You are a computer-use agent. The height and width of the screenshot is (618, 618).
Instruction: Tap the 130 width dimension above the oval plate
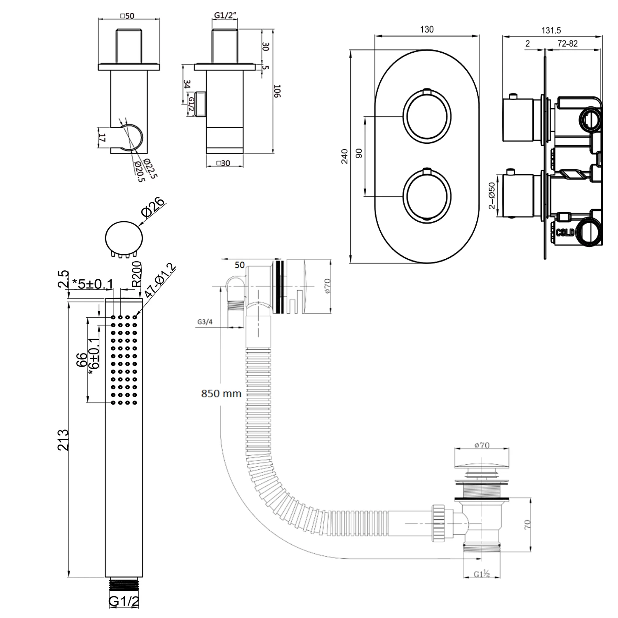point(427,30)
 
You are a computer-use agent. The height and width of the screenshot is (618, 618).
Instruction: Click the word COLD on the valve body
point(565,232)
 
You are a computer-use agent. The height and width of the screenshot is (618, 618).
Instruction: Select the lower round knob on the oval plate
point(427,194)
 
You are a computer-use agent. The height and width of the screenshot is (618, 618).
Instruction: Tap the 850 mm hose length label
point(221,393)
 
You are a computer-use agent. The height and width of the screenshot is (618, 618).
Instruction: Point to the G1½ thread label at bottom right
point(481,574)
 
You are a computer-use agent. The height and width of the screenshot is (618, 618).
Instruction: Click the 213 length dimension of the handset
point(63,440)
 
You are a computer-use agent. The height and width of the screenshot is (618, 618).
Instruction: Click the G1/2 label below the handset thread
point(124,602)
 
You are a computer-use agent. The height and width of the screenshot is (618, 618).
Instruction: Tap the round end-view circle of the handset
point(124,238)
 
